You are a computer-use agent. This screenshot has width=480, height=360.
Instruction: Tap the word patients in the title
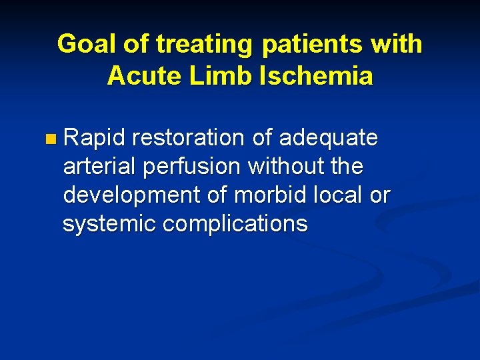tap(308, 44)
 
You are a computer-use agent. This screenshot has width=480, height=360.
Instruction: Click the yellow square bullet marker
tap(52, 139)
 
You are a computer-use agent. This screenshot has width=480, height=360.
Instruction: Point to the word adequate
tap(329, 138)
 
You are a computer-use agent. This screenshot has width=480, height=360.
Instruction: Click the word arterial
tap(99, 167)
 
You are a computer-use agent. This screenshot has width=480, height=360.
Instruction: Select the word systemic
tap(109, 224)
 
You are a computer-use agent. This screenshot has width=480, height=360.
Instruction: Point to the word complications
tap(235, 224)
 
